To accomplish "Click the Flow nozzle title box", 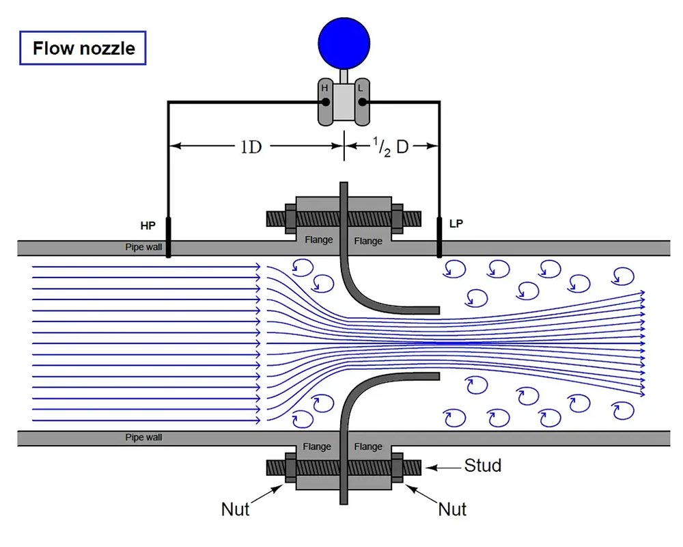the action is pyautogui.click(x=83, y=48).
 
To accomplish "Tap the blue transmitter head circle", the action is pyautogui.click(x=344, y=44).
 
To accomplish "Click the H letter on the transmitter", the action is pyautogui.click(x=324, y=88).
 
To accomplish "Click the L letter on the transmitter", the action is pyautogui.click(x=360, y=88).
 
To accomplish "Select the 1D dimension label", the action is pyautogui.click(x=251, y=147).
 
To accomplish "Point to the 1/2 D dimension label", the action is pyautogui.click(x=391, y=146).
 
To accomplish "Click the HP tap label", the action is pyautogui.click(x=148, y=226).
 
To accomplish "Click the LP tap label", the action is pyautogui.click(x=456, y=224).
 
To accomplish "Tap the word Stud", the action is pyautogui.click(x=483, y=466).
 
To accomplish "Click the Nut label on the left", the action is pyautogui.click(x=235, y=509).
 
